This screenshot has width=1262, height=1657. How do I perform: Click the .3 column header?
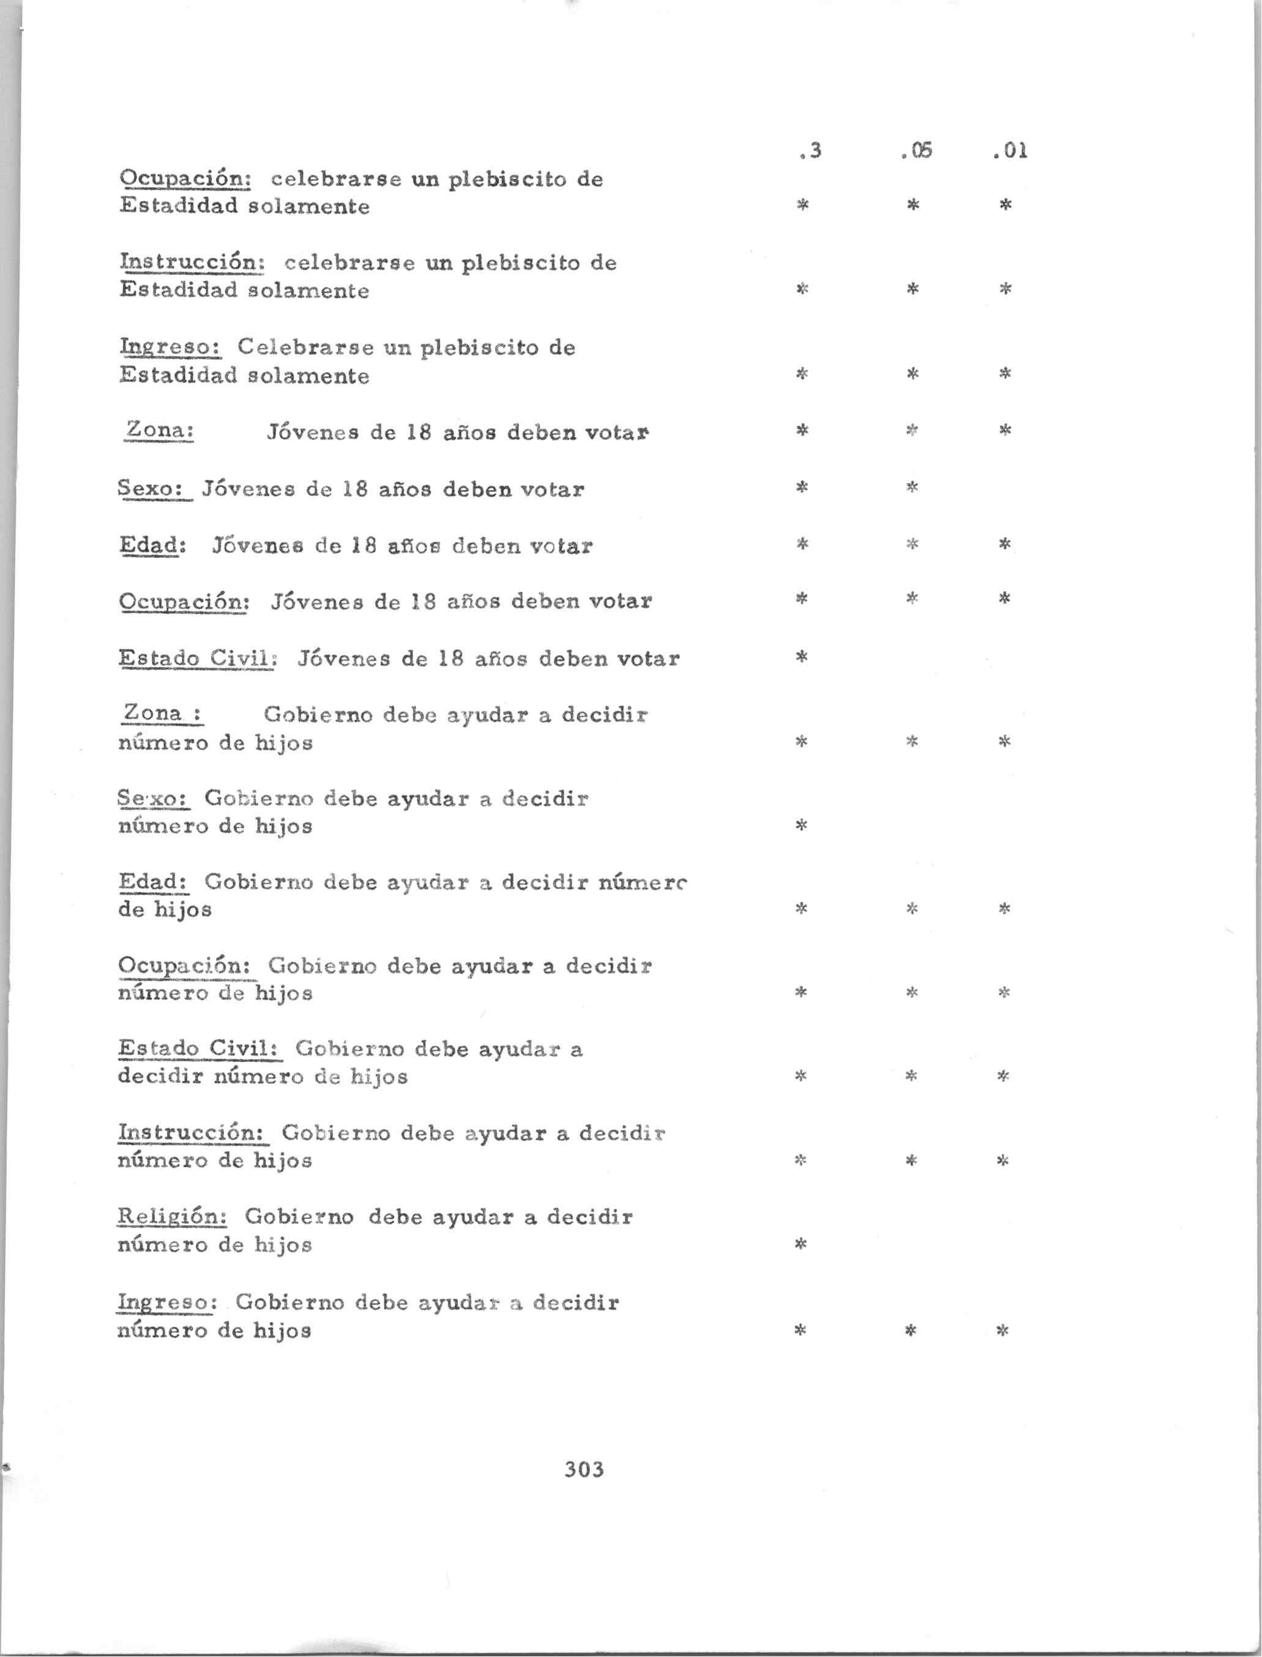[810, 151]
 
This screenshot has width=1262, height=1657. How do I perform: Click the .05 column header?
[916, 151]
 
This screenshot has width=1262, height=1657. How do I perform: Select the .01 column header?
[1010, 151]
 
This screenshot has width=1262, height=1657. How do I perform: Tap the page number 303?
[584, 1469]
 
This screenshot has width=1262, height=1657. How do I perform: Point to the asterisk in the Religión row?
[801, 1245]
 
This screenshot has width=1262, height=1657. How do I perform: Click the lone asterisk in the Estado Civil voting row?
[802, 657]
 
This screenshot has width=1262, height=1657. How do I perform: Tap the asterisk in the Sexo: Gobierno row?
[801, 826]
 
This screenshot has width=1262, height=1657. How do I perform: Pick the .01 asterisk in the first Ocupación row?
[1006, 204]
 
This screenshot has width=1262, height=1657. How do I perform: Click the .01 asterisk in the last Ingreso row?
[1002, 1331]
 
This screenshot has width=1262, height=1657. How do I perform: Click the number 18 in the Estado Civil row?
[450, 659]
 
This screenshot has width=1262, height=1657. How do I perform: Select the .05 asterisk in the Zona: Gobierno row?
[912, 742]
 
